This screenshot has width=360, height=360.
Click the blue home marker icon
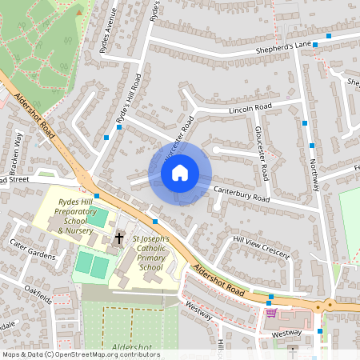coord(180,172)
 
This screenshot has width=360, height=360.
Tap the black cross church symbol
coord(119,238)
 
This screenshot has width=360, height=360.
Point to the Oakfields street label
coord(38,295)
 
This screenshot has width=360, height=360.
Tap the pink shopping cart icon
coord(270,313)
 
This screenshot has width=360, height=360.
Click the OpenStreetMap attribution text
coord(80,354)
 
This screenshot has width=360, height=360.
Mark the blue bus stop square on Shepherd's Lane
coord(316,45)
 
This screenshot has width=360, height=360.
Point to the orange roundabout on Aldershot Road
coord(330,305)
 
